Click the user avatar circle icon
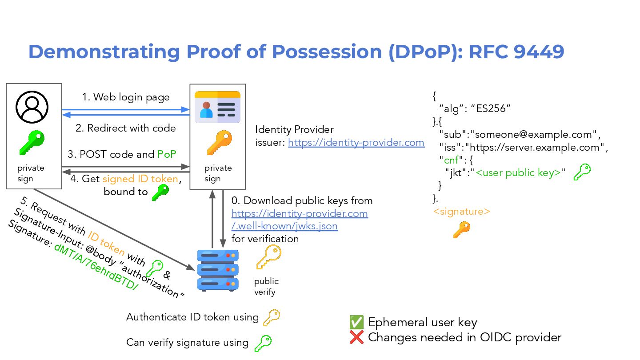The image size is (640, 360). point(32,107)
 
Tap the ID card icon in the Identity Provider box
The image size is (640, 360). point(217,107)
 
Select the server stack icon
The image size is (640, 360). point(218,270)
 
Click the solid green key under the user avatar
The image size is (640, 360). point(32,143)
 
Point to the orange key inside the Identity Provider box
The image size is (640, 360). point(219,143)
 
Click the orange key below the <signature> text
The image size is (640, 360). point(462,230)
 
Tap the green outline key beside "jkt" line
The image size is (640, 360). point(582,172)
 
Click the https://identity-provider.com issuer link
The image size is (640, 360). point(356,143)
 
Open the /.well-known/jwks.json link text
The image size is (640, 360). point(284,226)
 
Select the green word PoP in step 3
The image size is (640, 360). point(167,154)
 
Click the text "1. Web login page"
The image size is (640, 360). point(126,97)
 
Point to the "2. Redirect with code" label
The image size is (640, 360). point(126,128)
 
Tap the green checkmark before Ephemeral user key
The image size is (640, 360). point(356,322)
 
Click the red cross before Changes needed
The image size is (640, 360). point(356,337)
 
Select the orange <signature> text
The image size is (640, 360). point(462,211)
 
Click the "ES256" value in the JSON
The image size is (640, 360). point(493,108)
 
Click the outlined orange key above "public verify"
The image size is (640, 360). point(268,257)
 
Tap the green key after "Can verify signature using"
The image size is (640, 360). point(263,343)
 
